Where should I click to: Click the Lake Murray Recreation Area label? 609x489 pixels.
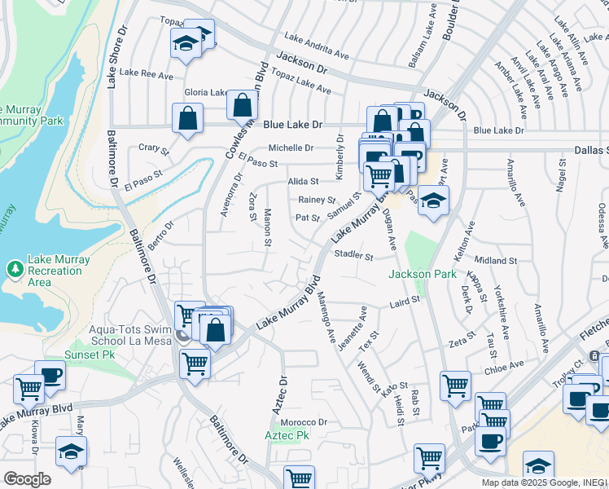[59, 271]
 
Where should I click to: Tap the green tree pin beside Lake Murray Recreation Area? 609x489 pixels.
[15, 268]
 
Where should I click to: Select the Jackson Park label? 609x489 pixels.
[422, 275]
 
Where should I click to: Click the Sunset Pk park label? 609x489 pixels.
[91, 355]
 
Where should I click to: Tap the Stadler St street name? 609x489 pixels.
[353, 256]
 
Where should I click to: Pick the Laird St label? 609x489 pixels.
[404, 301]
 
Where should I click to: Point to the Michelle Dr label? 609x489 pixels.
[291, 148]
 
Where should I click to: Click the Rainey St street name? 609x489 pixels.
[317, 200]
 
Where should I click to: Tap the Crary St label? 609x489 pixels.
[153, 149]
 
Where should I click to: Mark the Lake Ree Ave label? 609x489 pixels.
[147, 74]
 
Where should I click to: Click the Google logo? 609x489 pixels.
[27, 479]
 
